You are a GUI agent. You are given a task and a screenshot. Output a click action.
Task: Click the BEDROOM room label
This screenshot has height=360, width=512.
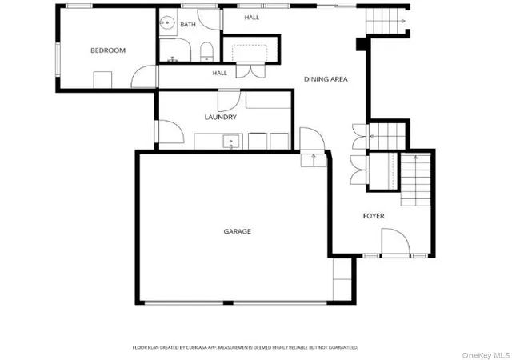(x=108, y=50)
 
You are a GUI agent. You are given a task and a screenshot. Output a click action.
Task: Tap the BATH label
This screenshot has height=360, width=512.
(x=188, y=25)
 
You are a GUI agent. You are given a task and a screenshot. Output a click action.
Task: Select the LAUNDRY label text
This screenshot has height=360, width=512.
(x=221, y=117)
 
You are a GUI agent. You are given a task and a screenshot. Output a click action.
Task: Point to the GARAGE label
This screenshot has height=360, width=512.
(x=238, y=231)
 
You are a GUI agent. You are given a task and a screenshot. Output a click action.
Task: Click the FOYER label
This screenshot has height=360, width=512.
(x=374, y=216)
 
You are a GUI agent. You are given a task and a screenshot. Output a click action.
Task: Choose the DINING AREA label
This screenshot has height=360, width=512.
(x=326, y=79)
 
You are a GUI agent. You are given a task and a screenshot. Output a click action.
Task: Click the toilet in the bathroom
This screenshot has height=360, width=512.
(x=206, y=52)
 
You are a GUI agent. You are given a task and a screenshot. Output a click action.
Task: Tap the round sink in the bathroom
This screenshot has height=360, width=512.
(x=167, y=23)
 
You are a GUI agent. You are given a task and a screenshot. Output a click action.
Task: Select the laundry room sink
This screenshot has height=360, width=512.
(x=231, y=142)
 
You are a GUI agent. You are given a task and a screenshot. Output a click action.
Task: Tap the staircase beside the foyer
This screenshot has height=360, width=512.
(x=415, y=179)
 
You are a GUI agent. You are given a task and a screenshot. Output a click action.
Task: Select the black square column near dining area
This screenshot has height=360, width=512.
(x=361, y=45)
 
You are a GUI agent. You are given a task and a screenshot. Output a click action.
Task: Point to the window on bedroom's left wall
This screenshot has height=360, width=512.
(x=58, y=60)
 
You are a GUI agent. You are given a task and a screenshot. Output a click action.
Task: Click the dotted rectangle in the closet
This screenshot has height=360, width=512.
(x=250, y=53)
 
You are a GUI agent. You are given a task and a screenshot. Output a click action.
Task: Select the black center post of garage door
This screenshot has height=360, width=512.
(x=228, y=303)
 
